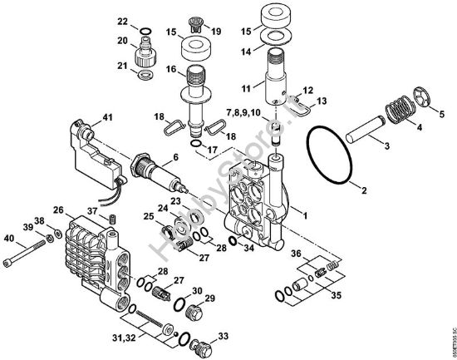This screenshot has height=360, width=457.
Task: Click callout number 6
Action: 174,157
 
